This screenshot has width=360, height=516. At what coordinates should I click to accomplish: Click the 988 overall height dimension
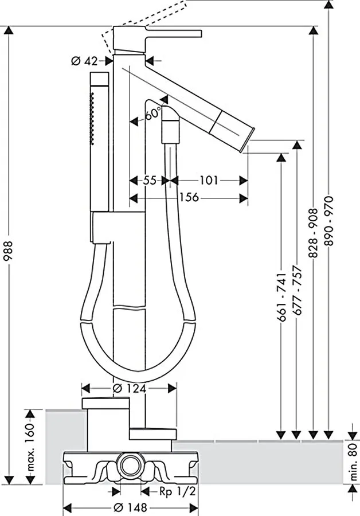pos(8,251)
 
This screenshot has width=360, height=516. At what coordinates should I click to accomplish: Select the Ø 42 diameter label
pos(85,61)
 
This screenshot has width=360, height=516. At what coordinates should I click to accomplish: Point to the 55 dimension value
pos(150,181)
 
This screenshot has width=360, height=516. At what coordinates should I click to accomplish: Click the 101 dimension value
pos(209,181)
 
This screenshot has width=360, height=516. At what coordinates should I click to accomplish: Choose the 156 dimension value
pos(189,197)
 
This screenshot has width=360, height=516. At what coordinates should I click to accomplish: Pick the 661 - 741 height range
pos(281,296)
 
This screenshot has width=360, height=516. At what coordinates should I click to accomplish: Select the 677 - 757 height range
pos(297,290)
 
